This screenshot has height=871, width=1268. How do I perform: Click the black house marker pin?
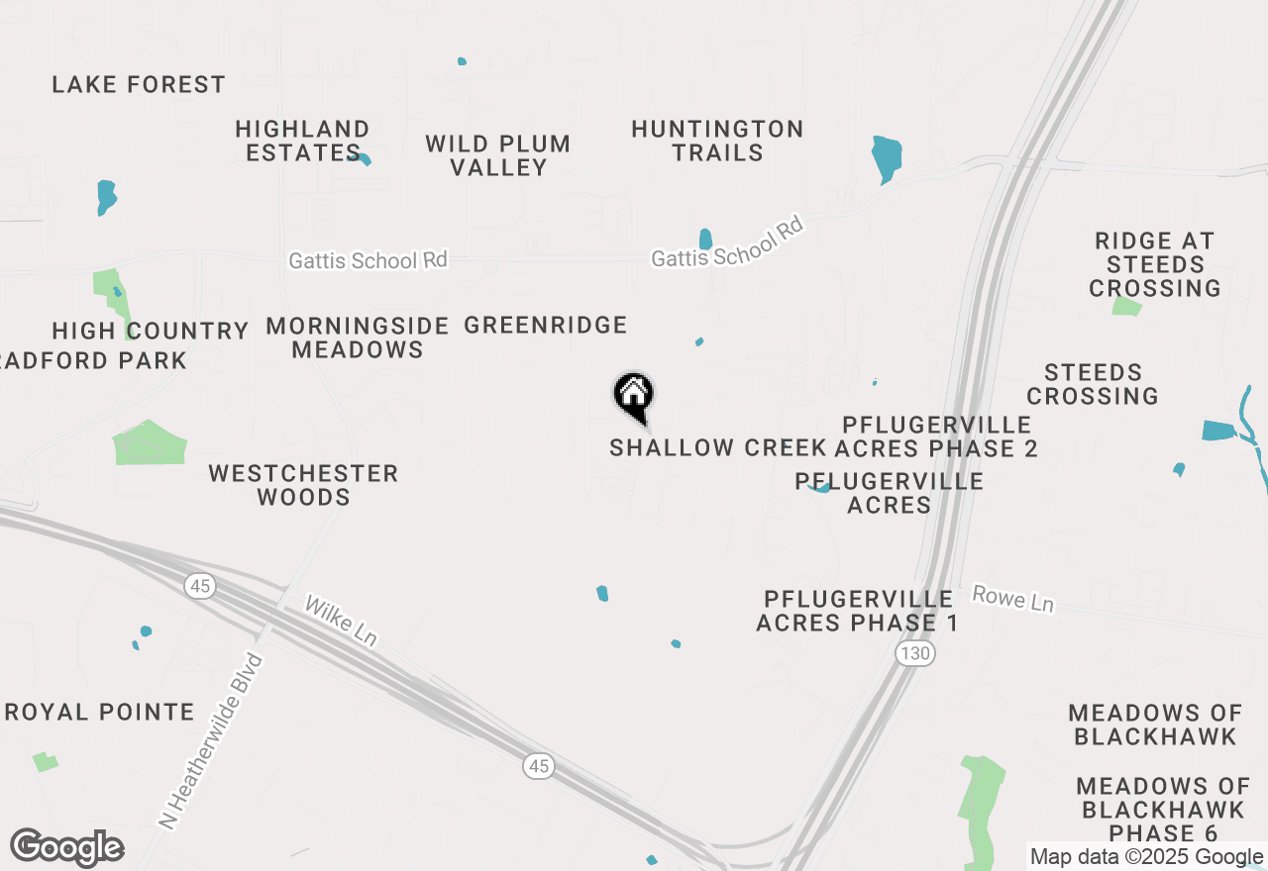pos(634,396)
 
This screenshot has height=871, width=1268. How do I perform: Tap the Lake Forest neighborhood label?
pos(139,85)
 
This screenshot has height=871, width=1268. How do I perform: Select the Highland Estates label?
pos(302,141)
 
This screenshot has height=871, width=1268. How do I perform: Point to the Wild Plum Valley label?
pos(498,155)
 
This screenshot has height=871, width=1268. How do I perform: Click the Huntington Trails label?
pos(717,141)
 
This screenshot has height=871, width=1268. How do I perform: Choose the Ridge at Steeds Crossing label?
pos(1154,264)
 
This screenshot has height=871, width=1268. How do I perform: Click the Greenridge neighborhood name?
pos(546,325)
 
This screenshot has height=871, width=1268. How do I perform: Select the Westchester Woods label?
pos(303,485)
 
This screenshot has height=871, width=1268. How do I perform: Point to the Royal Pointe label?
pos(100,712)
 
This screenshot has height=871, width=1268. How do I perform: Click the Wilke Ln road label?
pos(340,622)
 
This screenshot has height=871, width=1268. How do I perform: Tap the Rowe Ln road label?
pos(1012,598)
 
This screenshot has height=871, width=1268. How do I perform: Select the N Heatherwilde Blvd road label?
pos(212,739)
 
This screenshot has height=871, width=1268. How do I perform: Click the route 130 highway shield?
pos(915,653)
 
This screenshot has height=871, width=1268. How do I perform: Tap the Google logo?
pos(67,848)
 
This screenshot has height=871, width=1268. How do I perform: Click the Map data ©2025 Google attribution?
pos(1146,857)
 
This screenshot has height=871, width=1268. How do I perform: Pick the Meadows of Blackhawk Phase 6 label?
pos(1163,810)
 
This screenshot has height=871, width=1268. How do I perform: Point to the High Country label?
pos(151,331)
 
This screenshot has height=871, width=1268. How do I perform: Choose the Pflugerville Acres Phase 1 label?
pos(858,611)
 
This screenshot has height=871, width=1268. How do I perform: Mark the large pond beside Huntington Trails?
pos(887,156)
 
